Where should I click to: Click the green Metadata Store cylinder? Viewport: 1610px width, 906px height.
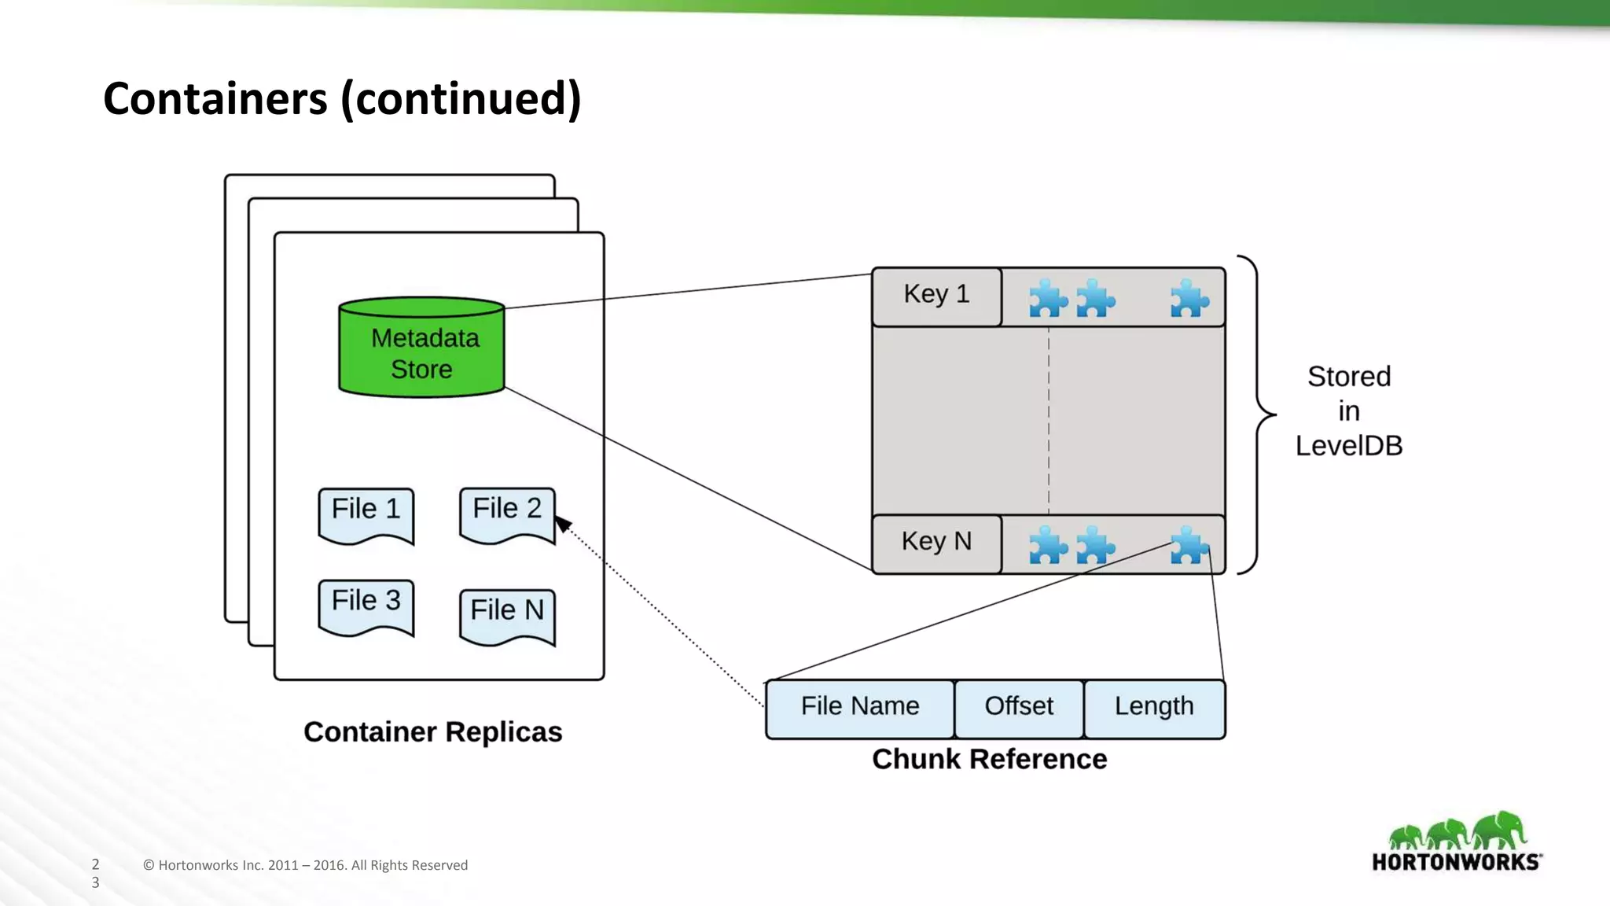[421, 348]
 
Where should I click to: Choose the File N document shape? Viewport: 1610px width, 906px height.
[507, 616]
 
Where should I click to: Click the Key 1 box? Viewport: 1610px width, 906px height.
[936, 296]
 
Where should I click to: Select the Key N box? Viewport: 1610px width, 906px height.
[936, 543]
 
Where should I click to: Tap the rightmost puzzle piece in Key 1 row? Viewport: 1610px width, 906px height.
[1189, 299]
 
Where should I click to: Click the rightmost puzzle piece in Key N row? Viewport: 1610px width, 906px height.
[1189, 546]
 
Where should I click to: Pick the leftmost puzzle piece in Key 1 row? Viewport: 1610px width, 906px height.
[1048, 299]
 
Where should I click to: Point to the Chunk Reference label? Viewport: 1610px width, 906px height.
[989, 760]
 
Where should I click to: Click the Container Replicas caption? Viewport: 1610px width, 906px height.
[432, 732]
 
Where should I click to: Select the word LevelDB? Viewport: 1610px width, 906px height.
[1348, 446]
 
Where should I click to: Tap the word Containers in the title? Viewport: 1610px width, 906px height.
[215, 99]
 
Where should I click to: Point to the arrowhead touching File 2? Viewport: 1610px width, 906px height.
[563, 524]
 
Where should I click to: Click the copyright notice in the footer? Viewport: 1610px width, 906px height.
[305, 865]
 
